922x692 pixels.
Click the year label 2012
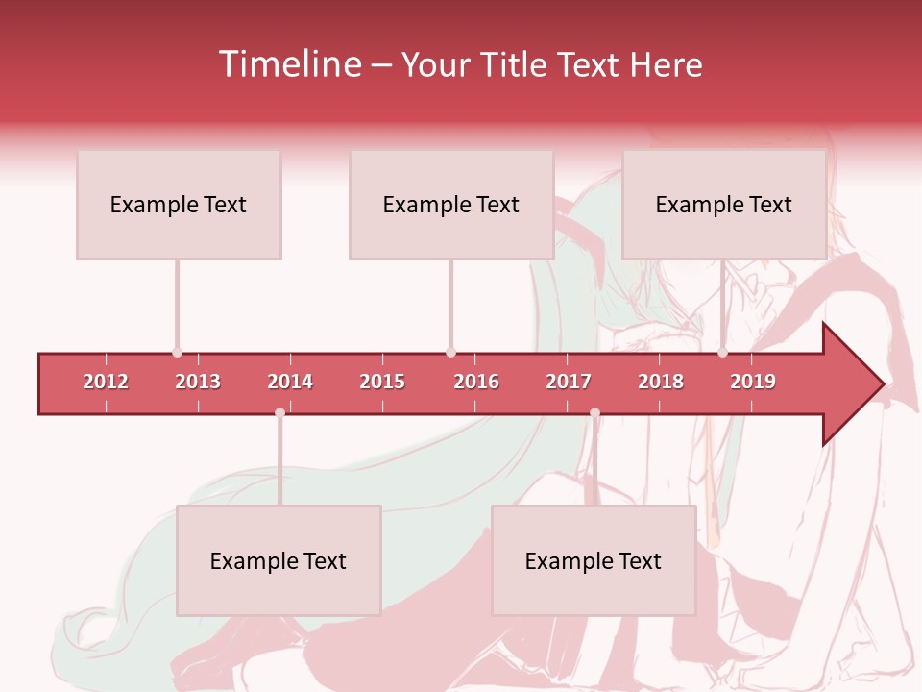point(106,382)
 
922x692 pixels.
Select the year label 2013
point(198,382)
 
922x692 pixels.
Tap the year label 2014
point(290,382)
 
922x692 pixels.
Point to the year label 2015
point(382,382)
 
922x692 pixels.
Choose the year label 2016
point(476,382)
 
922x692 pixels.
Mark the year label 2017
point(569,382)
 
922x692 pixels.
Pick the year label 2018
point(661,382)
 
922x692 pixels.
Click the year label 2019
point(753,382)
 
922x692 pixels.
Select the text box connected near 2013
point(179,205)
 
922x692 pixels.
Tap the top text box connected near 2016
point(451,205)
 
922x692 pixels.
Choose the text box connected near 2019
point(724,205)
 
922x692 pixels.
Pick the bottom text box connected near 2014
point(279,561)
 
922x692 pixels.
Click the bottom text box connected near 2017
point(594,561)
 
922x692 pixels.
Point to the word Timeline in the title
point(288,64)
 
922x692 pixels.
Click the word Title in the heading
point(515,65)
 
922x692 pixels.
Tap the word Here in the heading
point(666,65)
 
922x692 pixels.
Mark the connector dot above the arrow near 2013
point(177,352)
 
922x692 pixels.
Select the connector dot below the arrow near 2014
point(279,413)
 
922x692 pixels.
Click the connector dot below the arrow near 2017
point(594,413)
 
